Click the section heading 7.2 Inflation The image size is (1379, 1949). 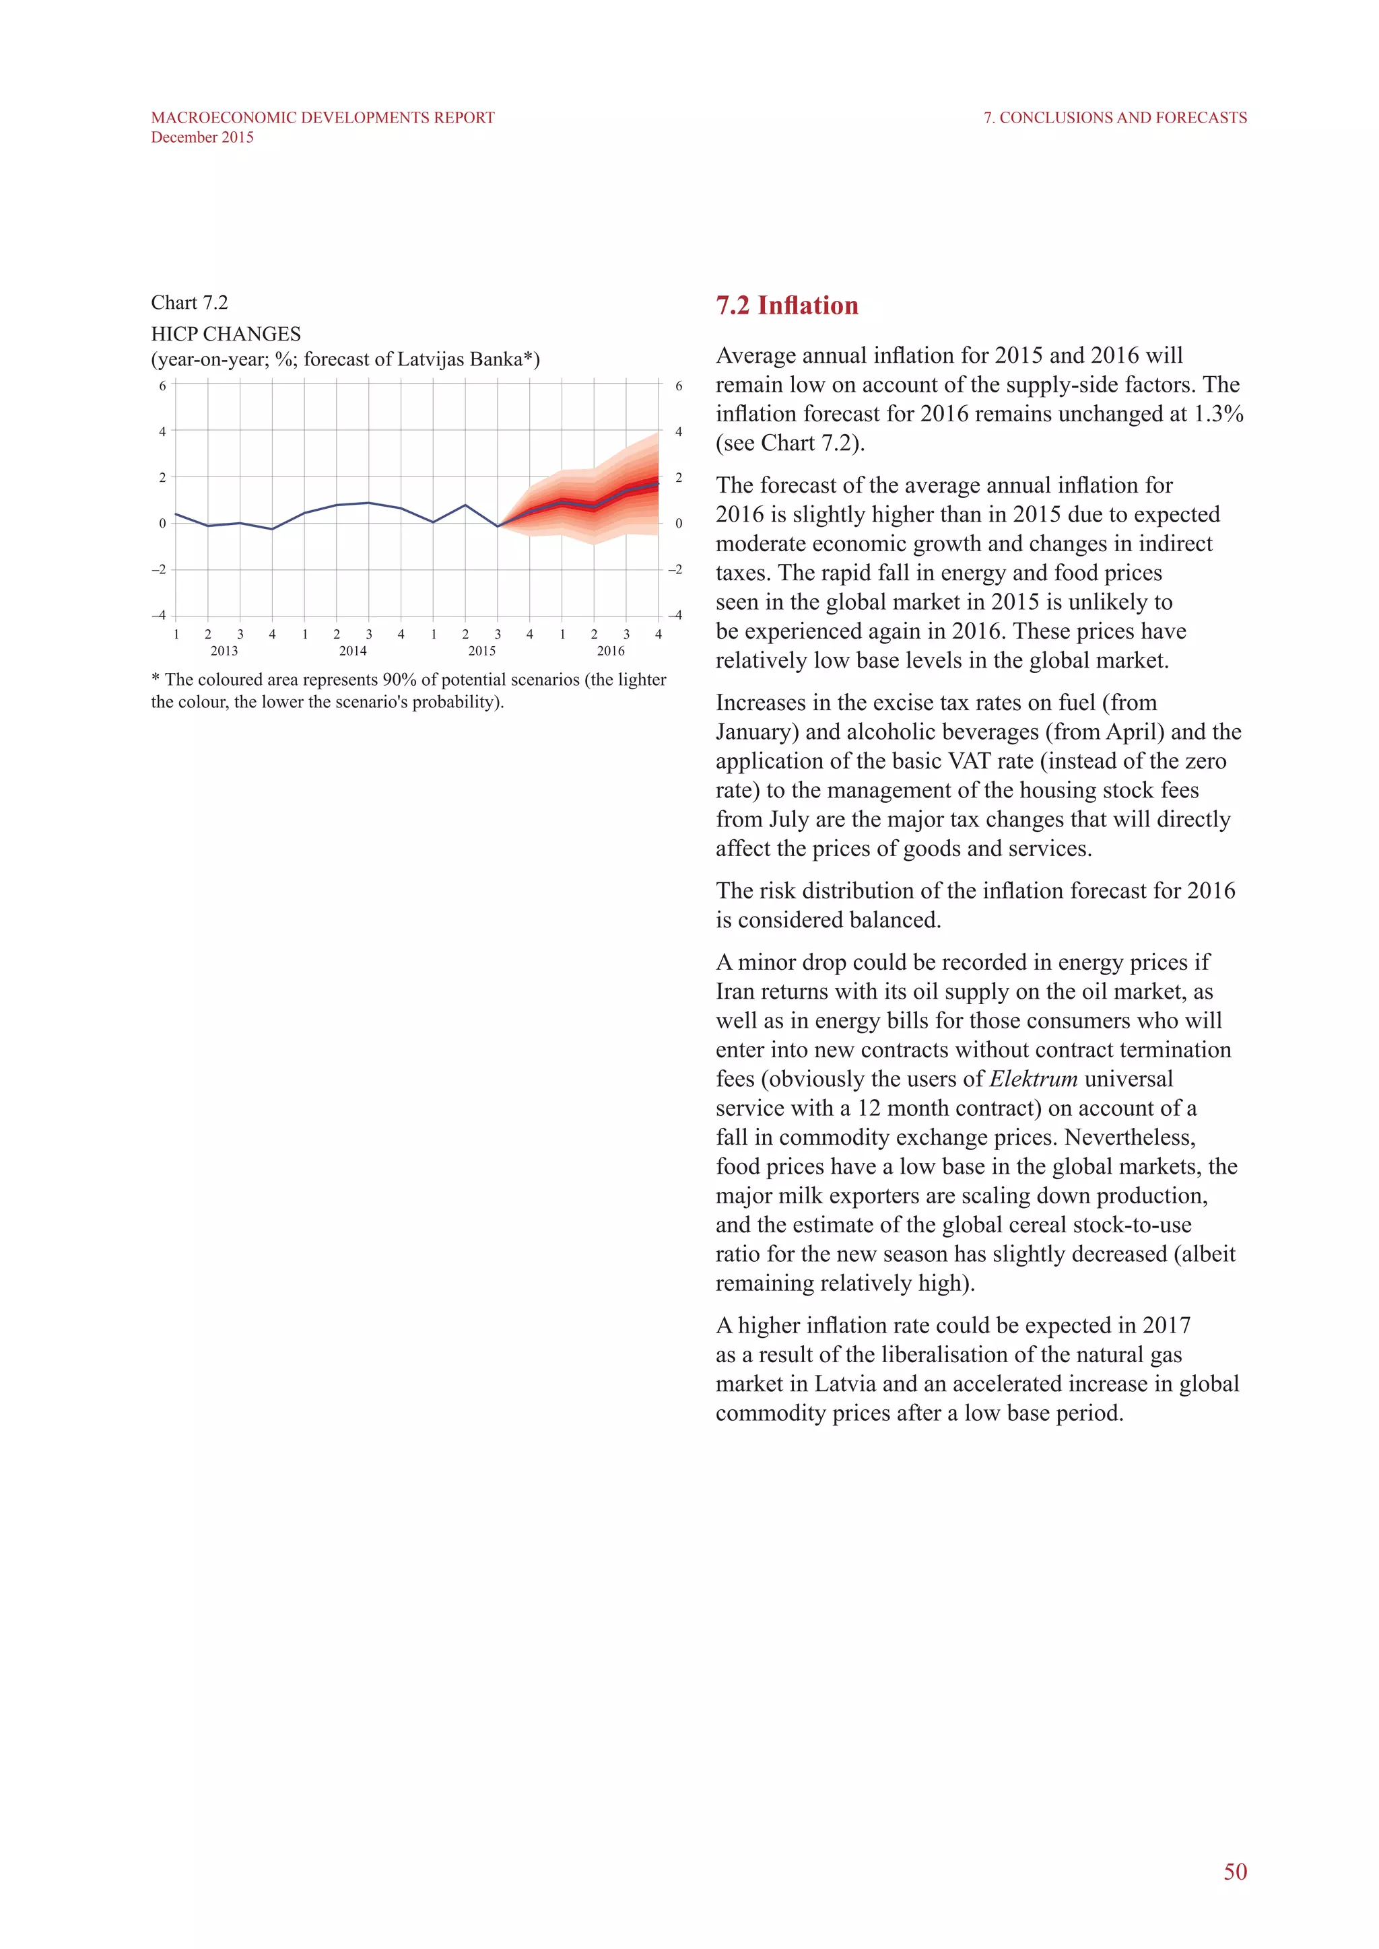(786, 306)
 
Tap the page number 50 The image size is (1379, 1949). (1235, 1872)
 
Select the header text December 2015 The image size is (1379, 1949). (202, 137)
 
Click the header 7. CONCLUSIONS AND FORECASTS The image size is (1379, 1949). (1115, 118)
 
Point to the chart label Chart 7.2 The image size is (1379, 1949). (189, 303)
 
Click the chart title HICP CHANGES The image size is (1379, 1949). (226, 334)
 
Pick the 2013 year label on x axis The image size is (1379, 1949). (224, 651)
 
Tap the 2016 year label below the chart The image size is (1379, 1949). (611, 651)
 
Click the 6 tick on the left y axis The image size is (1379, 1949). (162, 386)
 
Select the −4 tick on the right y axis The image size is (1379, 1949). (675, 614)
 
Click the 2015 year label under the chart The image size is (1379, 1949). (481, 651)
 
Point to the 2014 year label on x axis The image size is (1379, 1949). (352, 651)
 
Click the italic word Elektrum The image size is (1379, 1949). (1034, 1079)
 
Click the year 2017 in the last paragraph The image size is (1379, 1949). (1166, 1325)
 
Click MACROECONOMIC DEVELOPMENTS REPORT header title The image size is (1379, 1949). (323, 118)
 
